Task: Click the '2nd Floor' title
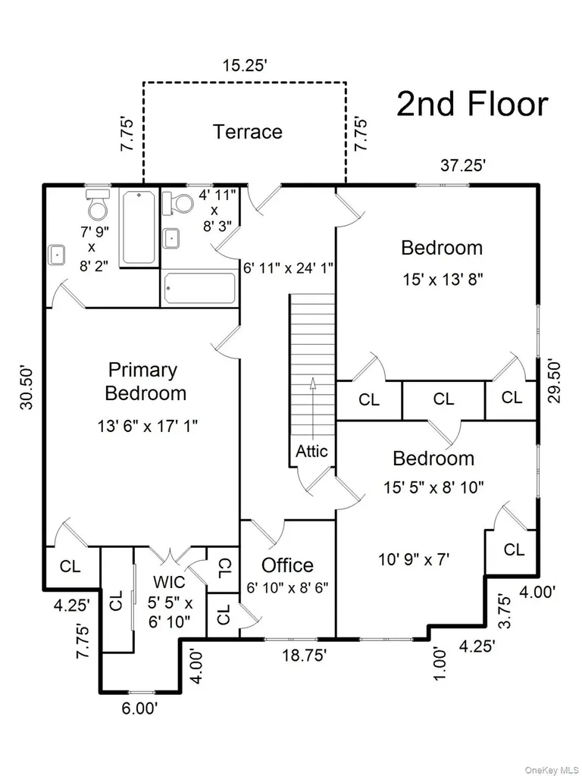472,105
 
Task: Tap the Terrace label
248,132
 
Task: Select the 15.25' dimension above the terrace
246,66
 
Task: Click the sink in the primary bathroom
58,255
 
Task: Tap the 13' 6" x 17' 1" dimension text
147,426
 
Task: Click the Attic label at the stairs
311,451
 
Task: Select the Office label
287,565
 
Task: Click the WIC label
169,581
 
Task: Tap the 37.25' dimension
463,165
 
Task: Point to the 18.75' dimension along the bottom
305,656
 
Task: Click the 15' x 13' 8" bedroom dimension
443,280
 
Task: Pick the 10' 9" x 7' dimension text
415,560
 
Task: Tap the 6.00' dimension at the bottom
139,709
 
